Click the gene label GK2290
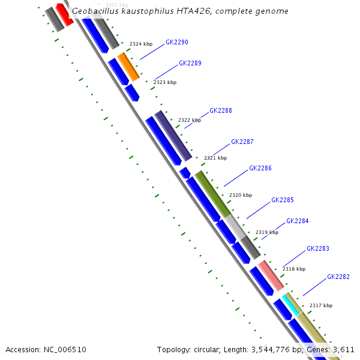(177, 43)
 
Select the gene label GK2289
(190, 63)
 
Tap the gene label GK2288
(221, 110)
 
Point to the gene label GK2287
(242, 142)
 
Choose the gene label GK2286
(260, 168)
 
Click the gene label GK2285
(283, 200)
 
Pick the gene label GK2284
(298, 221)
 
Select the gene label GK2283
(318, 248)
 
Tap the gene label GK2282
(338, 277)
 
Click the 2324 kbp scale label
(141, 44)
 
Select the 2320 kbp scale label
(241, 195)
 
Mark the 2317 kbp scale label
(321, 305)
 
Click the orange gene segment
(128, 66)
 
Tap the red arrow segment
(64, 14)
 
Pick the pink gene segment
(271, 275)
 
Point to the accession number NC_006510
(46, 349)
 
